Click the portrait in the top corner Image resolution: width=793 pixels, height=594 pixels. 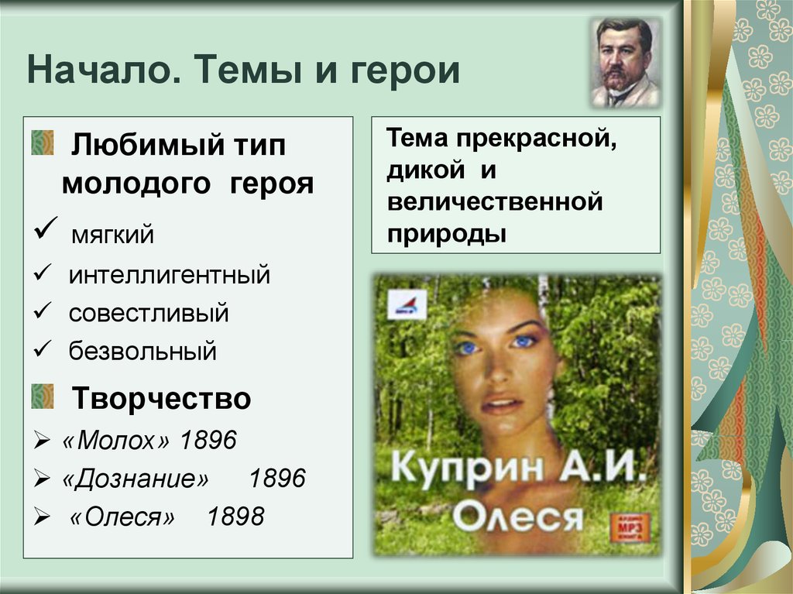[x=627, y=63]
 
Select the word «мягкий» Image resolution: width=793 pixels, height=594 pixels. [x=112, y=234]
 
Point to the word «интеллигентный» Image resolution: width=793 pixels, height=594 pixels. [x=169, y=274]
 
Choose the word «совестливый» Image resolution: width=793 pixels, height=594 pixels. [x=148, y=314]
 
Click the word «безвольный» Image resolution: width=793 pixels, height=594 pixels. [x=142, y=352]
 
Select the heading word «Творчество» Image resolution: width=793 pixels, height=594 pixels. [x=161, y=400]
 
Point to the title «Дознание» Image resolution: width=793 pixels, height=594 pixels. [x=136, y=479]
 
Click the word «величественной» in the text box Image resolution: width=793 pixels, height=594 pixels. [x=496, y=203]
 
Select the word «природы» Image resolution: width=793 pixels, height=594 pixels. [x=448, y=233]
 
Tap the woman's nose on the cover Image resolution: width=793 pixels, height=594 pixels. [x=496, y=370]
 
